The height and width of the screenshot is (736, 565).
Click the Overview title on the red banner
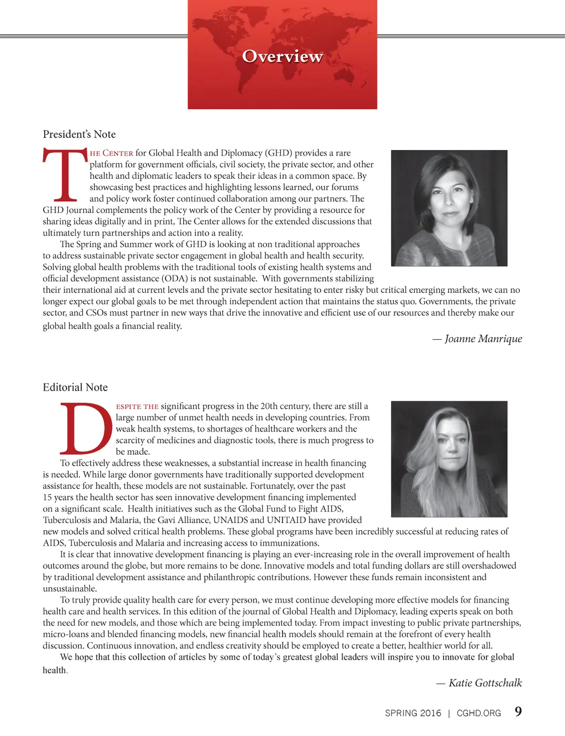282,56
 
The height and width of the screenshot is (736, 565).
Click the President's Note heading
79,134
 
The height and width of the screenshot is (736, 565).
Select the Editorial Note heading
76,387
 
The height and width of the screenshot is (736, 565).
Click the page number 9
518,711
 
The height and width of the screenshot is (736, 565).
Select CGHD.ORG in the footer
479,713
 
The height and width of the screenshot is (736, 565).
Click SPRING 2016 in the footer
413,713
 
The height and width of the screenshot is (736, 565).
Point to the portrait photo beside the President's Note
449,208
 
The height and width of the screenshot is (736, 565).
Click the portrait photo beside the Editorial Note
449,458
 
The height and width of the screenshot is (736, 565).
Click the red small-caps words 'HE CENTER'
111,153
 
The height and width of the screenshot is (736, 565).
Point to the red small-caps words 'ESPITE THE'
137,407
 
